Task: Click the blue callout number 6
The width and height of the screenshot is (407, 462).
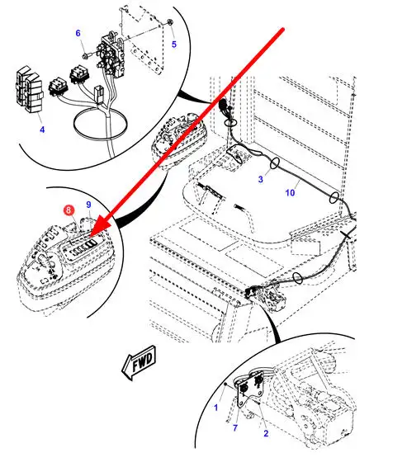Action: coord(78,33)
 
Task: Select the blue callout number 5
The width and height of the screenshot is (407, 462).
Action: coord(174,45)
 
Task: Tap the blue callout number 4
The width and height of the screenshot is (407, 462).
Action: coord(42,130)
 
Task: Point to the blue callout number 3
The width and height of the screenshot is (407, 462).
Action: coord(260,179)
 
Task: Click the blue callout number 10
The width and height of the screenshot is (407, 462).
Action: coord(290,193)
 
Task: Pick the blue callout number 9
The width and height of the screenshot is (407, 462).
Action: coord(88,205)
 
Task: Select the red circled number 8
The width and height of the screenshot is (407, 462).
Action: coord(69,210)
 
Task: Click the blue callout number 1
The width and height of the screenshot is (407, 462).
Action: coord(216,408)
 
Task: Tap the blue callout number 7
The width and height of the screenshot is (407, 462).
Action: coord(235,428)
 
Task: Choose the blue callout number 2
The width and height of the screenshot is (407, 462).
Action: coord(266,433)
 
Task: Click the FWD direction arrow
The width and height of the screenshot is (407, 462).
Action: coord(139,363)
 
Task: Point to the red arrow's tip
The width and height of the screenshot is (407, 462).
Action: coord(90,236)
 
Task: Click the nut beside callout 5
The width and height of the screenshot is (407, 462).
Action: coord(170,22)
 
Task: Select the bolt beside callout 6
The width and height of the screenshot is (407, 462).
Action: coord(87,55)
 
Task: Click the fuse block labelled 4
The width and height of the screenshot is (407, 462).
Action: coord(29,89)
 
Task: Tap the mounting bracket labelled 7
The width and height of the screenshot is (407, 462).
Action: coord(249,390)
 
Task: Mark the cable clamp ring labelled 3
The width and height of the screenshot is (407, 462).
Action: coord(274,163)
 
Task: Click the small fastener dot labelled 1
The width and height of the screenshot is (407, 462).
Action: coord(225,384)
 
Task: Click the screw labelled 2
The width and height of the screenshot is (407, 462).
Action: coord(258,403)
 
